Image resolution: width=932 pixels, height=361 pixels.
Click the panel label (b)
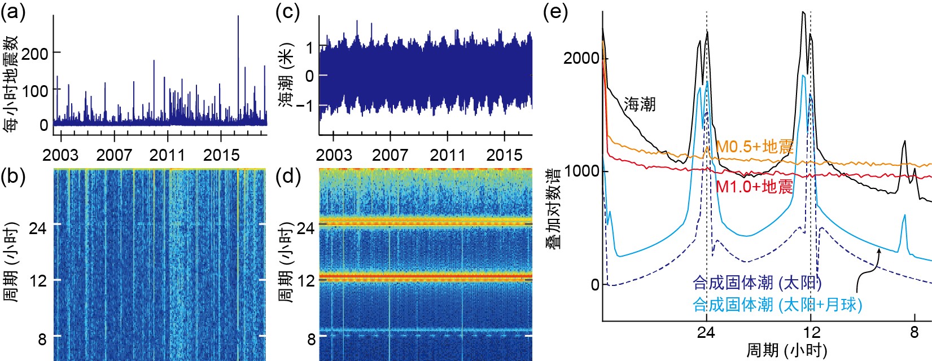pyautogui.click(x=14, y=177)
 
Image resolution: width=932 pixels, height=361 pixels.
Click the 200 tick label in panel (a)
pyautogui.click(x=35, y=54)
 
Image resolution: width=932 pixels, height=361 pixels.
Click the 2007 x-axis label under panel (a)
pyautogui.click(x=114, y=155)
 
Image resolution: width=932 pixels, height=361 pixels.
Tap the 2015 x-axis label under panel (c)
pyautogui.click(x=504, y=155)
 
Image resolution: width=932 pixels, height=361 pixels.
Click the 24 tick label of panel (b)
pyautogui.click(x=38, y=228)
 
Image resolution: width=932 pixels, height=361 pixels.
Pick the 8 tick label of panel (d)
pyautogui.click(x=311, y=339)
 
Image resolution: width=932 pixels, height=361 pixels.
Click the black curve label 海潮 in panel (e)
pyautogui.click(x=640, y=104)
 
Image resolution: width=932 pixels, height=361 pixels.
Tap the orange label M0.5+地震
pyautogui.click(x=755, y=147)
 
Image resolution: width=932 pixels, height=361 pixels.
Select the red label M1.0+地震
pyautogui.click(x=755, y=187)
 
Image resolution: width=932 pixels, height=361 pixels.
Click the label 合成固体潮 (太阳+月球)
pyautogui.click(x=777, y=305)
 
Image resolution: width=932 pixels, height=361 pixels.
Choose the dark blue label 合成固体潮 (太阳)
pyautogui.click(x=757, y=283)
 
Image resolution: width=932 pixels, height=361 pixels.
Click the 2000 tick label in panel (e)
pyautogui.click(x=581, y=58)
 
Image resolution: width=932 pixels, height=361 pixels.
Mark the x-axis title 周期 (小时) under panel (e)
pyautogui.click(x=786, y=350)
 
